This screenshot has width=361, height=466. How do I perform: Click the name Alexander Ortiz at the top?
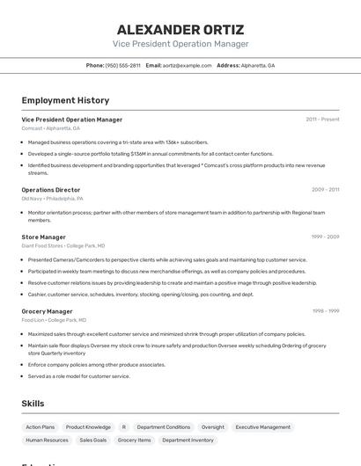pos(180,30)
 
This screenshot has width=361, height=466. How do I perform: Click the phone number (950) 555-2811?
pos(122,65)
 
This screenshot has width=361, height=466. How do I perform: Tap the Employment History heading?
pos(65,100)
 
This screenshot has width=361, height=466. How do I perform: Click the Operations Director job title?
pos(51,190)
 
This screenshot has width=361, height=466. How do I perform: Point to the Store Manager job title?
pos(44,237)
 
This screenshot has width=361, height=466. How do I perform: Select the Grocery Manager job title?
pos(48,311)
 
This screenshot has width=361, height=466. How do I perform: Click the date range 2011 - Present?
pos(322,120)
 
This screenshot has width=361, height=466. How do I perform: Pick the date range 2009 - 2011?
pos(325,190)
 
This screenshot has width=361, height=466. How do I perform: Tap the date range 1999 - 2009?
pos(325,237)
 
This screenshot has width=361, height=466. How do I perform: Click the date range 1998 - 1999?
pos(325,311)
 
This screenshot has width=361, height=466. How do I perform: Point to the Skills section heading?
pos(33,404)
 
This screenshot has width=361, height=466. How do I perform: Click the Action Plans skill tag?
pos(41,427)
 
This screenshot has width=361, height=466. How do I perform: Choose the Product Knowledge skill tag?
pos(88,427)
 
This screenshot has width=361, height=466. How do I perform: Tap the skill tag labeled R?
pos(124,427)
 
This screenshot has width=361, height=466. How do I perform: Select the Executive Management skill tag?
pos(262,427)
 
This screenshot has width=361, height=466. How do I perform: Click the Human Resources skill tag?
pos(47,440)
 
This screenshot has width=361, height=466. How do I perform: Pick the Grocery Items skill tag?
pos(135,440)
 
